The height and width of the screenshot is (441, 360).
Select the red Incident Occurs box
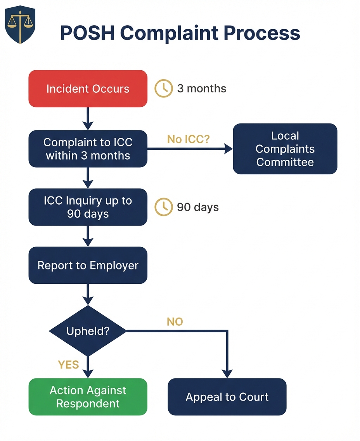coord(88,89)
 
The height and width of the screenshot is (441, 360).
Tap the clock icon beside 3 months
coord(164,89)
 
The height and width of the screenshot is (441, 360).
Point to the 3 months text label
coord(201,89)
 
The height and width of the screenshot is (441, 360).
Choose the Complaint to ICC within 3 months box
coord(88,149)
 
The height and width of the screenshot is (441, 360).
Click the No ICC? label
coord(188,139)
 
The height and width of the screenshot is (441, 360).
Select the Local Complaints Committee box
coord(285,149)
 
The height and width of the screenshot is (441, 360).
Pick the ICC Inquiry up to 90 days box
coord(88,207)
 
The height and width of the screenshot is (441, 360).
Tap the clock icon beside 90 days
coord(164,207)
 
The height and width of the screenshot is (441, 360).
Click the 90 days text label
coord(198,207)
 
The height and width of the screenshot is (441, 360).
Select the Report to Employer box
coord(88,266)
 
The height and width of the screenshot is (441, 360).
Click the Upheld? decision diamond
coord(88,331)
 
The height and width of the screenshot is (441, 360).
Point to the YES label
coord(68,365)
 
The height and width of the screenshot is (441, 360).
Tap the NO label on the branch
coord(175,322)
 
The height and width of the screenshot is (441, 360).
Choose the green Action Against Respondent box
coord(88,397)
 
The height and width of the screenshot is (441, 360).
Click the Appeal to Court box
coord(227,397)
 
